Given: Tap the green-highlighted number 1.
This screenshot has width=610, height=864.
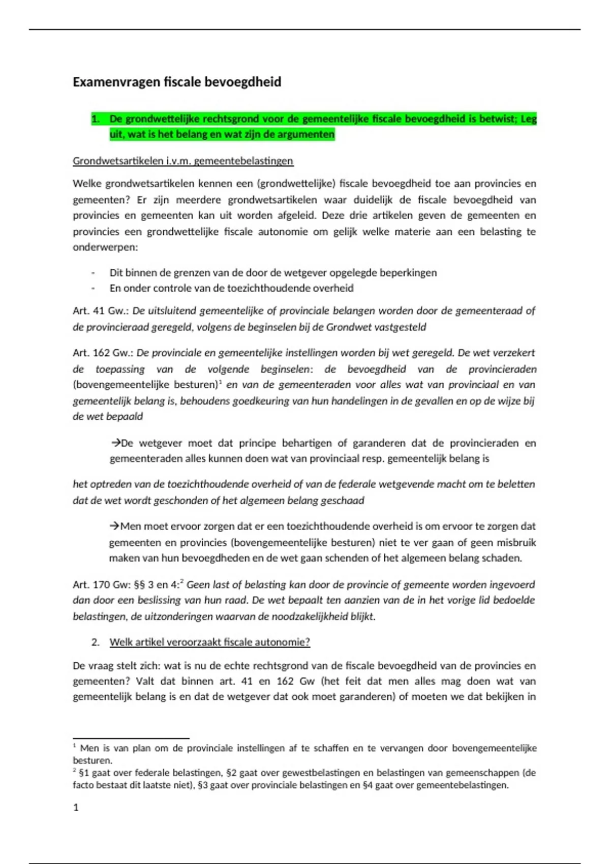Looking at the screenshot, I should (x=95, y=119).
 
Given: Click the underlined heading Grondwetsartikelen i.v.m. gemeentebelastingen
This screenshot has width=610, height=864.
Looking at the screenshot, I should (x=183, y=161).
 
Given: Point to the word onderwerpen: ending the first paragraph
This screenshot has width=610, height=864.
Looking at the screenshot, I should (x=105, y=248).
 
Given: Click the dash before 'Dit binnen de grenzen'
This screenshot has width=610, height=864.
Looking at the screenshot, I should (x=93, y=273).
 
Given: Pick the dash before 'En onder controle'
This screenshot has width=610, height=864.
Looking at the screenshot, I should (x=93, y=288).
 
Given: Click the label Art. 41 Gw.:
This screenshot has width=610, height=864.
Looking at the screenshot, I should (x=101, y=311).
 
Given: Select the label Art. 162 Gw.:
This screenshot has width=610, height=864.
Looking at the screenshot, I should (x=103, y=353).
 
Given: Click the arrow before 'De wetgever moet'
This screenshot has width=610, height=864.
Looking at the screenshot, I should (x=115, y=443).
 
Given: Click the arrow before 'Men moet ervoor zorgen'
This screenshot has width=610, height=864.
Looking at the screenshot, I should (x=114, y=526).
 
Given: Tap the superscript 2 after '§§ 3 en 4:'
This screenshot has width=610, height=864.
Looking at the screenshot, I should (x=182, y=582).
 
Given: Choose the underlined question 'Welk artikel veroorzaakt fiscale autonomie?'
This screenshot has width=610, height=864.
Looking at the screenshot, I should (x=209, y=642).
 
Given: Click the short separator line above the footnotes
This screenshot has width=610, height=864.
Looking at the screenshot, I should (x=131, y=738).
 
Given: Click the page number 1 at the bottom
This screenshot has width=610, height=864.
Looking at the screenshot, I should (x=76, y=808).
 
